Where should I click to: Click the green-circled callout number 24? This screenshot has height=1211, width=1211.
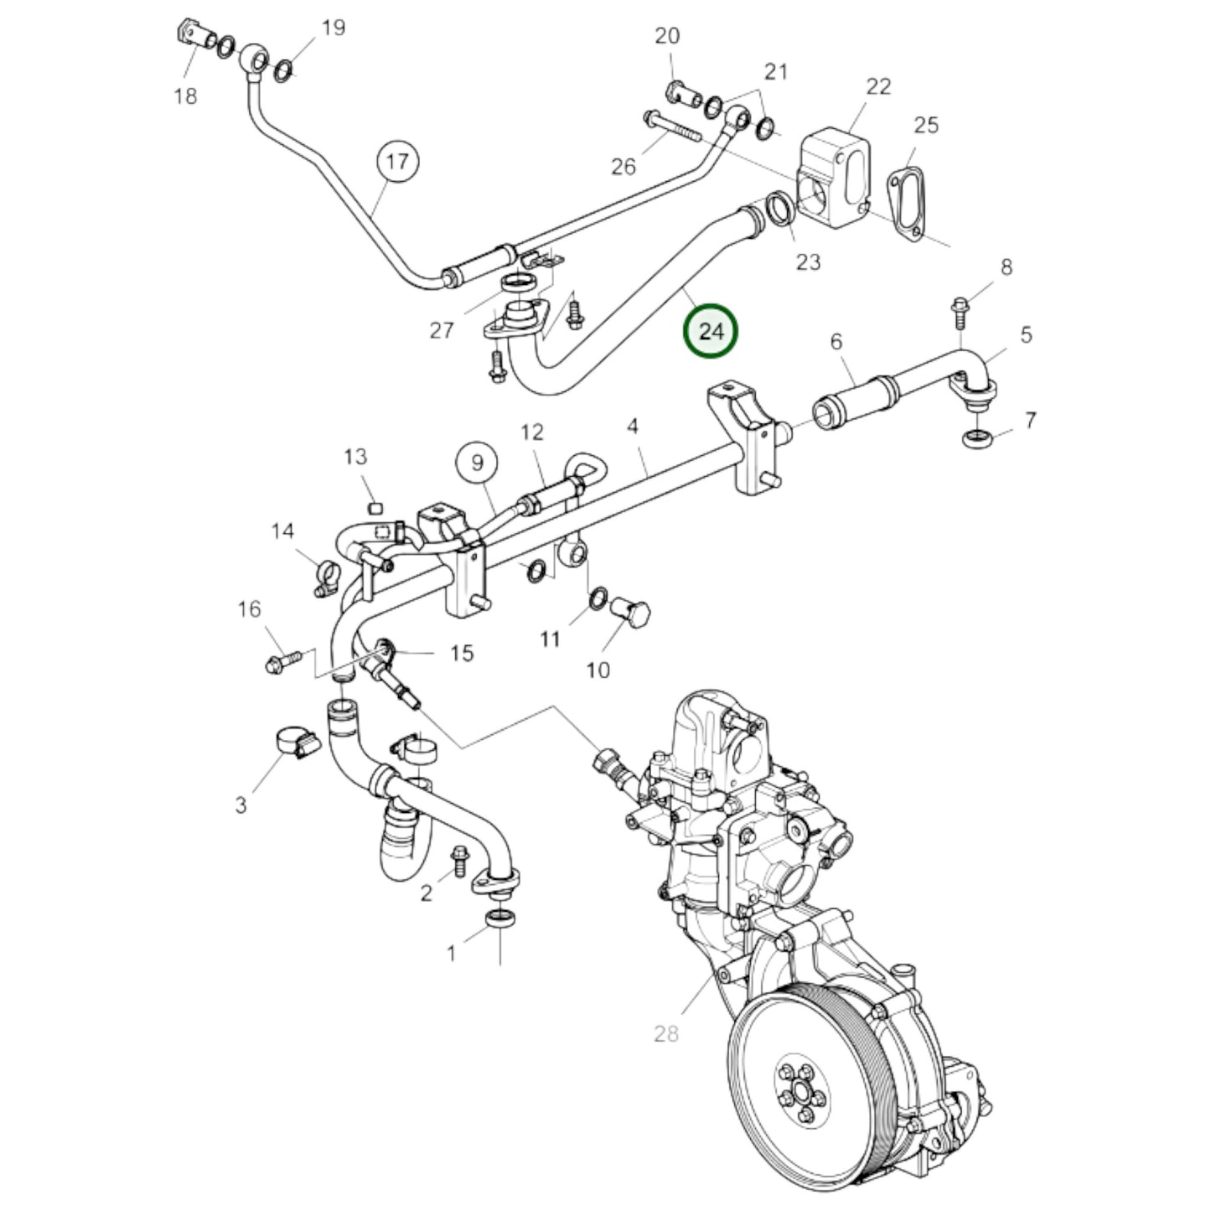click(x=711, y=330)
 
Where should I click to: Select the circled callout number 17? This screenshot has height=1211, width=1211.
click(x=397, y=162)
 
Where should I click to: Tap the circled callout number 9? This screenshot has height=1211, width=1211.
click(x=477, y=463)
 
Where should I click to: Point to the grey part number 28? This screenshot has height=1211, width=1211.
click(x=666, y=1033)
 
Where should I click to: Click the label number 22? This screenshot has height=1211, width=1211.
click(x=878, y=86)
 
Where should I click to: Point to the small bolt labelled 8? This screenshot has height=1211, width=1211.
click(x=960, y=313)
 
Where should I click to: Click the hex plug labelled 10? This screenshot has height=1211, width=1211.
click(x=629, y=612)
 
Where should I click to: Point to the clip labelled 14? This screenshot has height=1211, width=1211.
click(x=326, y=576)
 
